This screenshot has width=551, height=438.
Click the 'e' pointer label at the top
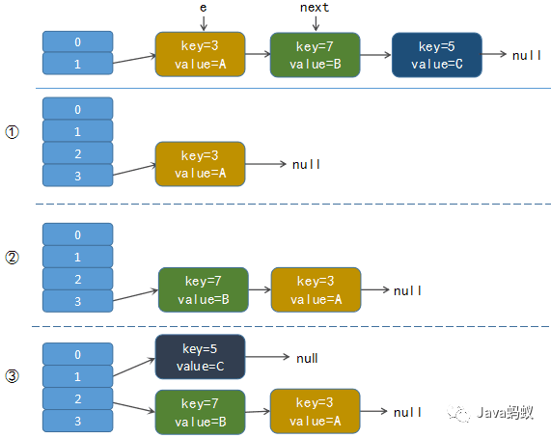(x=203, y=8)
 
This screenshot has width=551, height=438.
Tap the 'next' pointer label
(x=315, y=8)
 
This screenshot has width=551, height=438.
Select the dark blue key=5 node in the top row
(x=437, y=55)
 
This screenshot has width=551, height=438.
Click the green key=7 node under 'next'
(x=315, y=55)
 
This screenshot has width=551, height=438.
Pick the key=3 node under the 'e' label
(x=200, y=54)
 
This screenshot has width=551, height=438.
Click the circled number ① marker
(x=12, y=132)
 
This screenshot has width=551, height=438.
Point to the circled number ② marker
(x=12, y=258)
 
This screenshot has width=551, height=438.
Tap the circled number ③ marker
(x=12, y=376)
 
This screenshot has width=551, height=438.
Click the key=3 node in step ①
(x=200, y=164)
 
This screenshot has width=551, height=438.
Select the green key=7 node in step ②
(x=203, y=289)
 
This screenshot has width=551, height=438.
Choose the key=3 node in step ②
(x=316, y=289)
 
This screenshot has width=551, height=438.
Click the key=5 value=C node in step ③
(x=200, y=357)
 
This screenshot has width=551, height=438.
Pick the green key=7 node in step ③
(x=200, y=412)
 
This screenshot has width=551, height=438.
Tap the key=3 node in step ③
(x=315, y=411)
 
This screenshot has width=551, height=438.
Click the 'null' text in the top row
(x=527, y=55)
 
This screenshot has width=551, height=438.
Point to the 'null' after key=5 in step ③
(x=307, y=358)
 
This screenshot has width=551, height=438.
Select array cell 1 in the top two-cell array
(x=77, y=64)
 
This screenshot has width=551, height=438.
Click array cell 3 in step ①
(x=77, y=176)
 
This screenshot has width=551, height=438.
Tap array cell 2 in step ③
(x=77, y=398)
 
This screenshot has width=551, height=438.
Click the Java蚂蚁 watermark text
(x=505, y=412)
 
